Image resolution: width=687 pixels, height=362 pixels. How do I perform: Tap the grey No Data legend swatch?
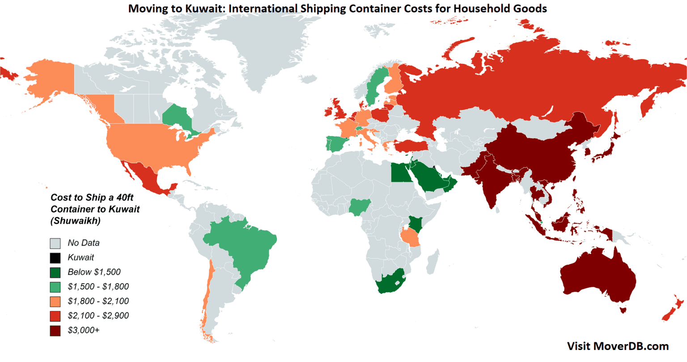(x=55, y=243)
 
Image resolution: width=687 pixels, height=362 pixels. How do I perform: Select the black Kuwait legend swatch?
(x=55, y=258)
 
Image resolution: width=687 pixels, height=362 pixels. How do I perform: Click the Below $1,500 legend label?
(x=94, y=272)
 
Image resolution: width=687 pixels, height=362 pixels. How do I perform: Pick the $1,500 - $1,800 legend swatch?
(x=55, y=287)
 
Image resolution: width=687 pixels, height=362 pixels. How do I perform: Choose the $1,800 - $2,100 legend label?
(x=98, y=301)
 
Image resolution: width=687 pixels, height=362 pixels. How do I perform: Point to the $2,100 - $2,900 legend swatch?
(x=55, y=316)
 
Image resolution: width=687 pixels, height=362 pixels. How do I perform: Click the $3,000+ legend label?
(x=84, y=330)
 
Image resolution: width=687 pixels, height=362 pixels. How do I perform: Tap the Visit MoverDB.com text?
(x=618, y=346)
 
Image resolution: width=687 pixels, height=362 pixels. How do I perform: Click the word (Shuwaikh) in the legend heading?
(x=76, y=221)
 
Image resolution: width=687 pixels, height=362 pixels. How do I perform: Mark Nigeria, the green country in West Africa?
(x=360, y=206)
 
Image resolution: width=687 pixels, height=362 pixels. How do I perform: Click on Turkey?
(x=409, y=145)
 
